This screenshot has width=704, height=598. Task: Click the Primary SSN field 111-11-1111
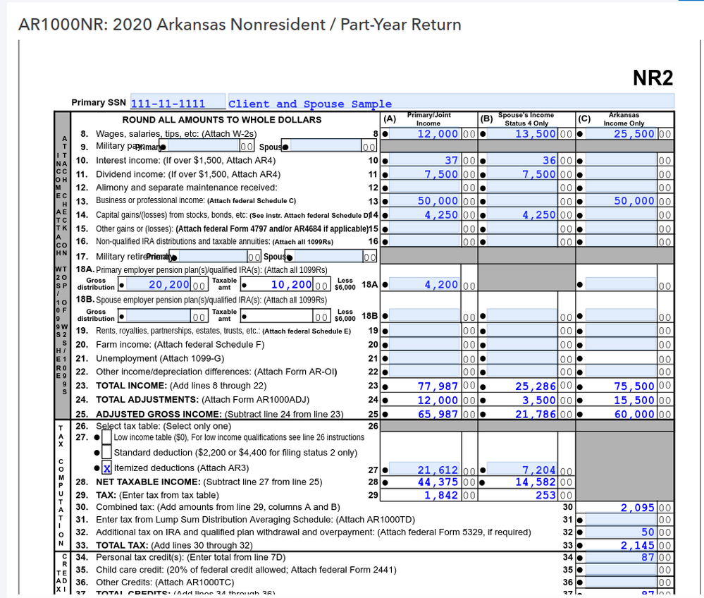coord(177,104)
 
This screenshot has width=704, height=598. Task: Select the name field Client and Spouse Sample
coord(309,104)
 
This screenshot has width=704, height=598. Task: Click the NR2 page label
coord(653,78)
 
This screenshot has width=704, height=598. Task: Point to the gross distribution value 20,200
coord(169,285)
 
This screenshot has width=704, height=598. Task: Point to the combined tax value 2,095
coord(638,507)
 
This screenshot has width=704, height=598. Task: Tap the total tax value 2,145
coord(638,544)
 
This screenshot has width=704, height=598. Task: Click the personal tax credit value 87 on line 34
coord(646,557)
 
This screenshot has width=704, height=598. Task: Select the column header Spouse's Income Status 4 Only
coord(526,118)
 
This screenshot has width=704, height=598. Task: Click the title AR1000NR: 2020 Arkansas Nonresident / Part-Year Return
coord(240,25)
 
